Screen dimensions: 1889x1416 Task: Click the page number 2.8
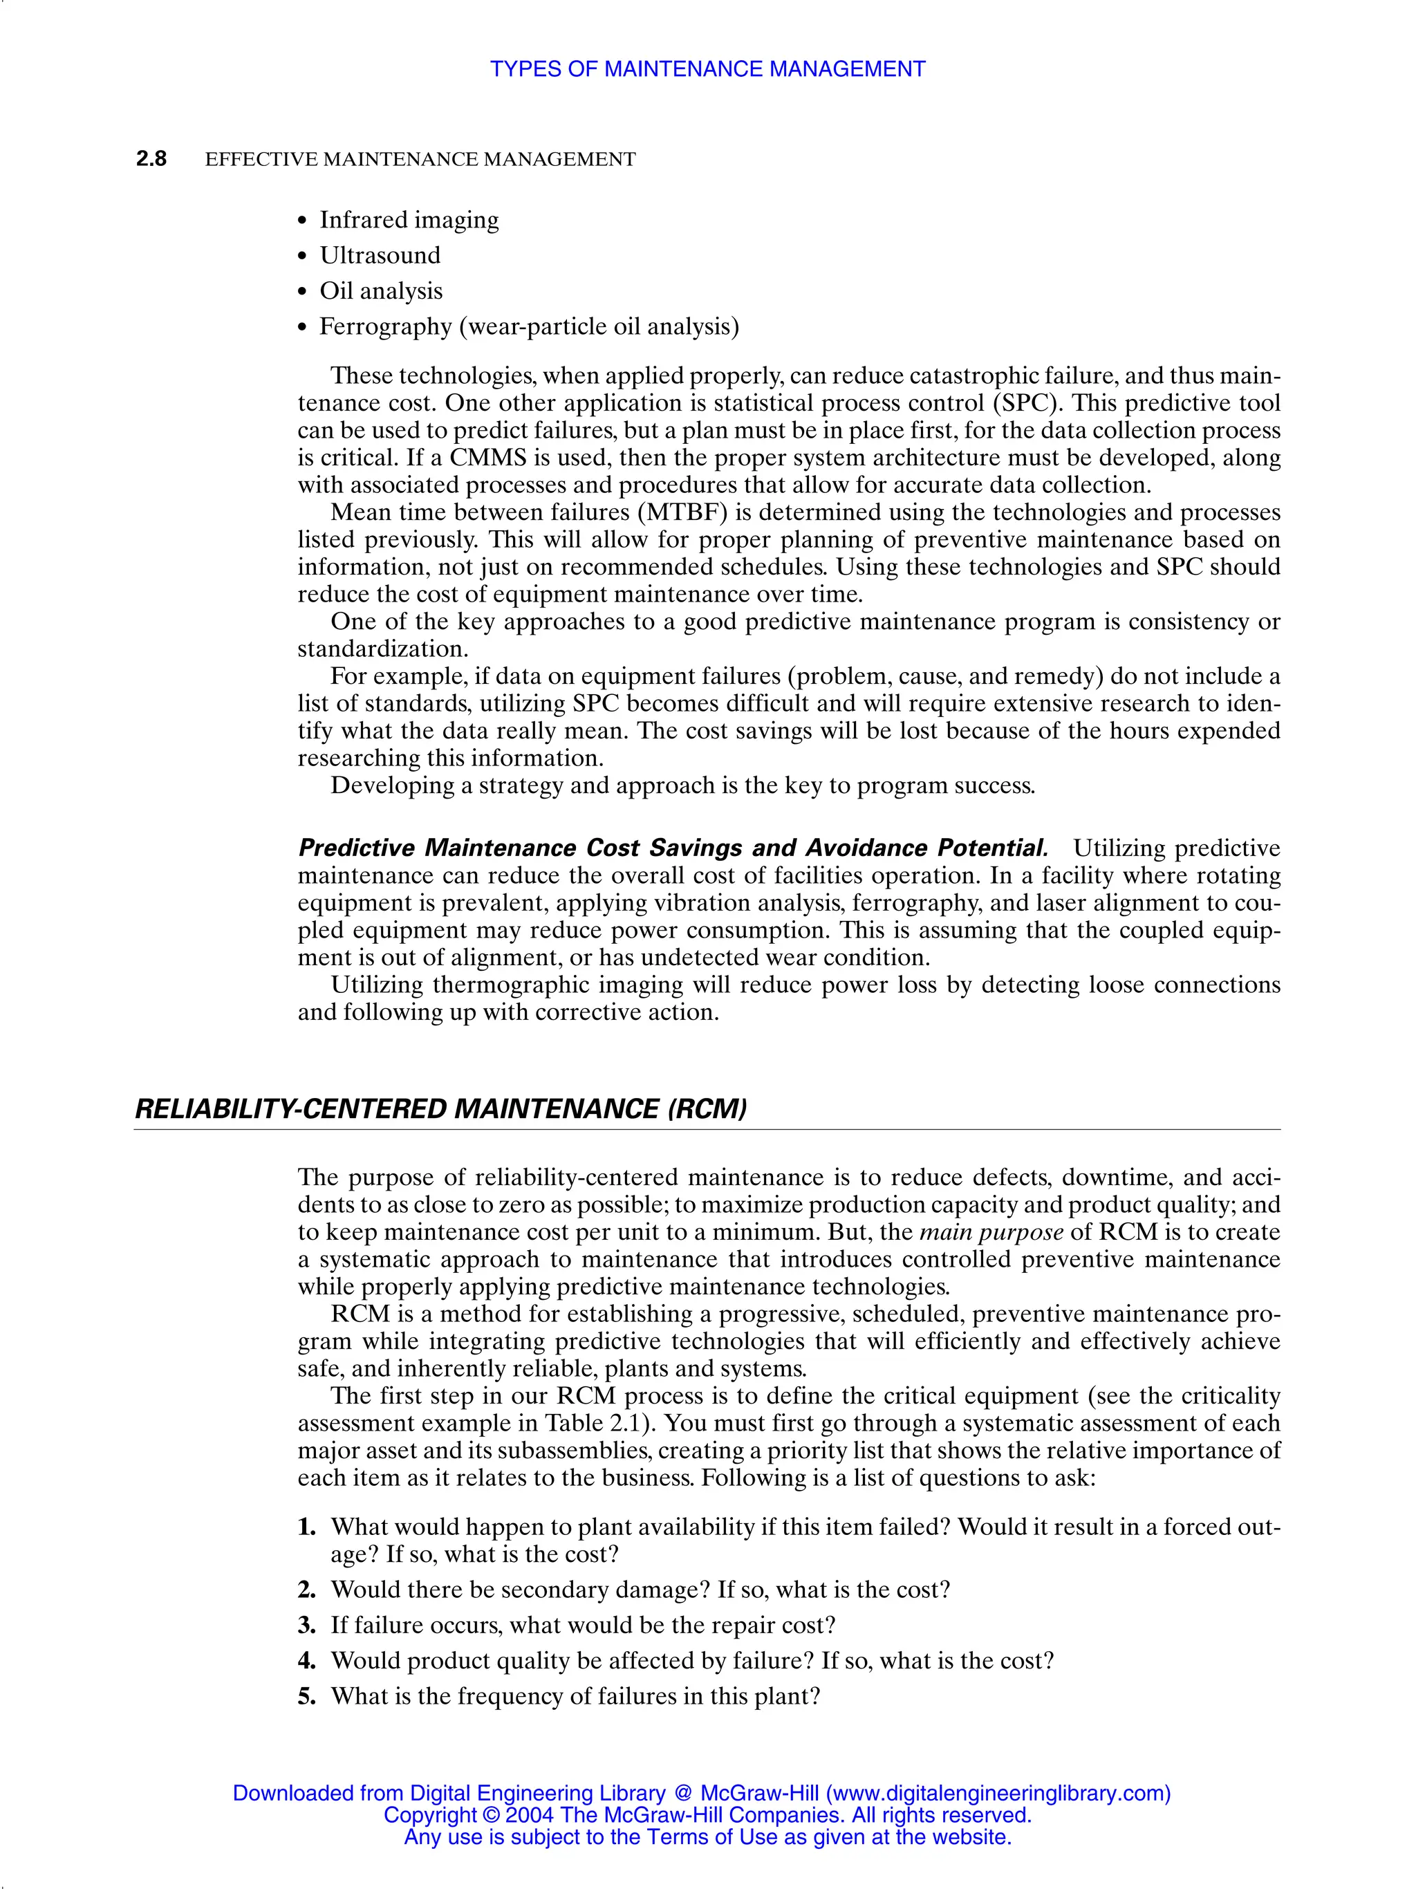tap(151, 159)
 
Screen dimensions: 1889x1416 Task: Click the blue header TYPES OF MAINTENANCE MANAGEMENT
tap(707, 69)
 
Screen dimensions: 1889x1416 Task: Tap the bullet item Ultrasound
tap(380, 255)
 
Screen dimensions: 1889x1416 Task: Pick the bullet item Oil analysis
tap(381, 291)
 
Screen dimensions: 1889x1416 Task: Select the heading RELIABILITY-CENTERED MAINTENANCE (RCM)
tap(440, 1109)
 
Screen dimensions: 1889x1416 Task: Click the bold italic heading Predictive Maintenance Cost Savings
tap(672, 848)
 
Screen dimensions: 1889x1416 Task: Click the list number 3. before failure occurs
tap(308, 1625)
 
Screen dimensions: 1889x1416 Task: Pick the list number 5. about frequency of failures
tap(308, 1696)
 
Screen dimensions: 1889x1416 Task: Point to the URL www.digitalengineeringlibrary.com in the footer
tap(998, 1794)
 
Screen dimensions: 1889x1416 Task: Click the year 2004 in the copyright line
tap(530, 1815)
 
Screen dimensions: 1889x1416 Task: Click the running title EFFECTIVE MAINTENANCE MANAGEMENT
tap(420, 160)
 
